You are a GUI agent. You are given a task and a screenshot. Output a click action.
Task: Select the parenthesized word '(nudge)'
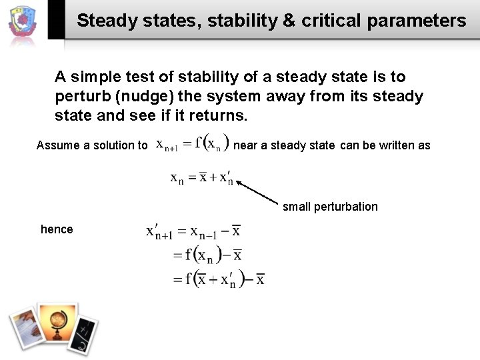click(145, 97)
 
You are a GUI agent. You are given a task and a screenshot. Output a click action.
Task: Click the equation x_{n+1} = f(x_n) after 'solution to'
click(192, 145)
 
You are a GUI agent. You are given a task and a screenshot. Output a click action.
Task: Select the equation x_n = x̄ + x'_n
click(201, 178)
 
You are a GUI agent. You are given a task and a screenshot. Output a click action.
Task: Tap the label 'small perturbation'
click(330, 207)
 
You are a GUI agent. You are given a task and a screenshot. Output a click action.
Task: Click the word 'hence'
click(57, 229)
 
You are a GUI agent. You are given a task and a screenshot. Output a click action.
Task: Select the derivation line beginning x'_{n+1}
click(193, 232)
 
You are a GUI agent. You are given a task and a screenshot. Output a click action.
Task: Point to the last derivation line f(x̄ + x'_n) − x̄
click(219, 279)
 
